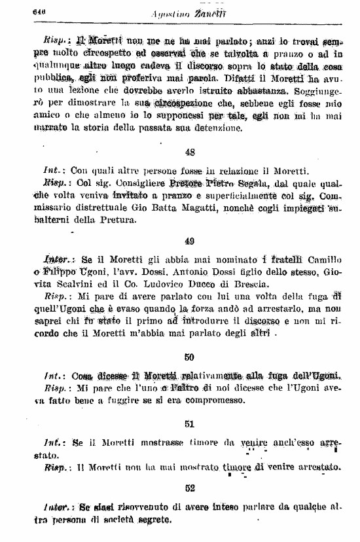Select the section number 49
(190, 240)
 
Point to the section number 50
(190, 357)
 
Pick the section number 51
(190, 424)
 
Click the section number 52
(190, 487)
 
